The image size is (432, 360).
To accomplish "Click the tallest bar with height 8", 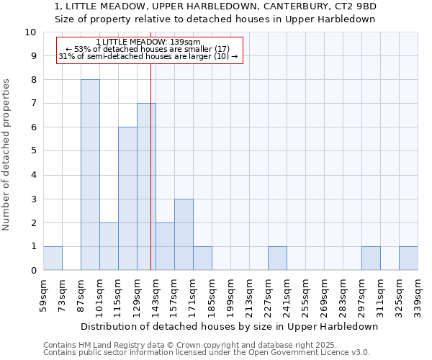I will coord(90,175).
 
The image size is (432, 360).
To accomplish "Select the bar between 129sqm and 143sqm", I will coord(146,187).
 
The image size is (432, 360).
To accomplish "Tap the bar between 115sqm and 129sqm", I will coord(127,199).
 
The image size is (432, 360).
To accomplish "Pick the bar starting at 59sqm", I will coord(53,258).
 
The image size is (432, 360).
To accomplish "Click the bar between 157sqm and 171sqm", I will coord(184,235).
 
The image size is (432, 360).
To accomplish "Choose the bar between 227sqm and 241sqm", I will coord(277,258).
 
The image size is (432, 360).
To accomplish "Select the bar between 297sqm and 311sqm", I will coord(371,258).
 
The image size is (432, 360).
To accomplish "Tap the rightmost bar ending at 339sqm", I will coord(408,258).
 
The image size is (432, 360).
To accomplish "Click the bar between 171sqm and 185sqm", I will coord(202,258).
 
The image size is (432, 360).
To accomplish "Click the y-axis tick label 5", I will coord(32,151).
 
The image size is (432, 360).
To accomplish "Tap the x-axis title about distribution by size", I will coord(230,326).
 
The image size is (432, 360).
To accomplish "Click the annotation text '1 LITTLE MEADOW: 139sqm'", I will coord(148,42).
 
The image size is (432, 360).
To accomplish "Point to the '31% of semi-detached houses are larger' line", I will coord(148,56).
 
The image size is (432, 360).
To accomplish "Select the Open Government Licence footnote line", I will coord(207,353).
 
